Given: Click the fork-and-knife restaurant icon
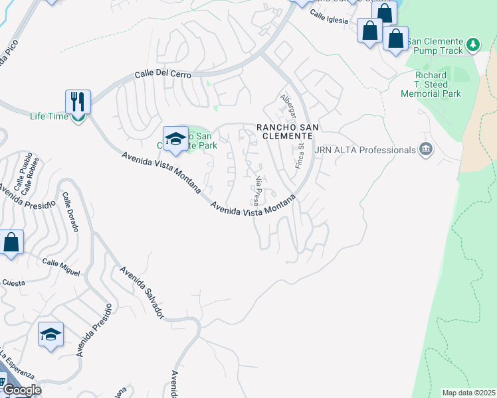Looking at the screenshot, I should click(x=78, y=102).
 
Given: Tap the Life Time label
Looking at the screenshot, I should click(x=49, y=117).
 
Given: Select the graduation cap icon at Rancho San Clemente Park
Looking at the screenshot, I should click(x=175, y=138).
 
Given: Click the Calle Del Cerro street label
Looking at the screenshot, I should click(x=163, y=75).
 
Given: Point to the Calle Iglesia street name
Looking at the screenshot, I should click(x=328, y=19).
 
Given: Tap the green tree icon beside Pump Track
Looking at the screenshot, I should click(x=472, y=44).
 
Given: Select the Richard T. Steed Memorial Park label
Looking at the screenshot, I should click(x=431, y=85).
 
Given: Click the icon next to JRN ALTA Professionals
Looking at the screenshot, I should click(x=425, y=151).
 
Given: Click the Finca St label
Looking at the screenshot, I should click(x=300, y=155).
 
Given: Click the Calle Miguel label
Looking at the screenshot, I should click(x=61, y=267).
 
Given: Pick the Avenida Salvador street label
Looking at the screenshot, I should click(x=142, y=292).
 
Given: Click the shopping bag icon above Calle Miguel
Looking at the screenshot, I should click(x=11, y=242).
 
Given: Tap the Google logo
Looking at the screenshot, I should click(x=21, y=390).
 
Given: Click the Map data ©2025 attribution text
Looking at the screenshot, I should click(x=468, y=393).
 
